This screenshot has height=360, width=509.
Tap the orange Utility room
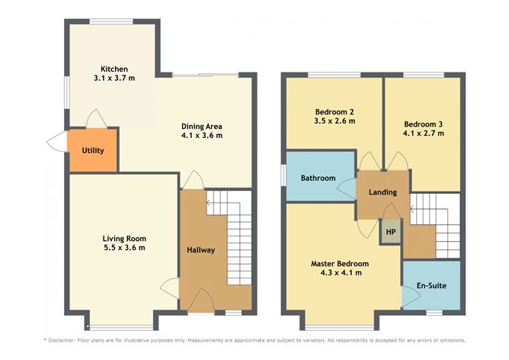pos(92,151)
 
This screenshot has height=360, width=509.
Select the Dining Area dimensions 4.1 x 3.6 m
pos(201,136)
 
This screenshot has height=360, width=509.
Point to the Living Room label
pos(123,238)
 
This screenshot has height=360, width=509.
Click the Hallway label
pos(201,250)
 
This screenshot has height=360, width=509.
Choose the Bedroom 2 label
pos(334,111)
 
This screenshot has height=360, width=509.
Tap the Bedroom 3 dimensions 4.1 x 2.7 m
pos(423,133)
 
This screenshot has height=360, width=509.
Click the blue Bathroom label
pos(318,178)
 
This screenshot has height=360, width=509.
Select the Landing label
pos(383,192)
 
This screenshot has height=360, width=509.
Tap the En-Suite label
pos(431,286)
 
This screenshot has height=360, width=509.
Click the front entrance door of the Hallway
pos(200,301)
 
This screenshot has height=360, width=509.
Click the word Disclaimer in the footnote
pos(68,340)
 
